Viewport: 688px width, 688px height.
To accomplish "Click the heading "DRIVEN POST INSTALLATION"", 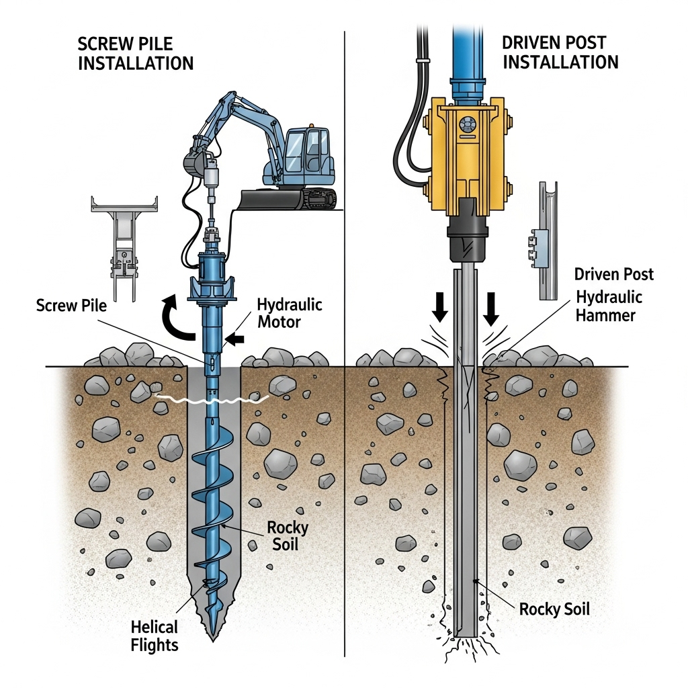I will click(x=560, y=52).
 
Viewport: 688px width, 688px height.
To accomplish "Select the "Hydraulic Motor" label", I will click(x=290, y=313).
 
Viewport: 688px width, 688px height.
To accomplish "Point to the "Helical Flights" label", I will click(x=155, y=636).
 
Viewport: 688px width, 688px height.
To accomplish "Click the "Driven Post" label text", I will click(x=614, y=274).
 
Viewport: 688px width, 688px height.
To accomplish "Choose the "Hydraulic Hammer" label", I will click(x=609, y=306).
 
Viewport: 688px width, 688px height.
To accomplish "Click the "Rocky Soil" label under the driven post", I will click(x=554, y=609).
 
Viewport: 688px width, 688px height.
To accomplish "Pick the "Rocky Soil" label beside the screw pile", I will click(x=286, y=535).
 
